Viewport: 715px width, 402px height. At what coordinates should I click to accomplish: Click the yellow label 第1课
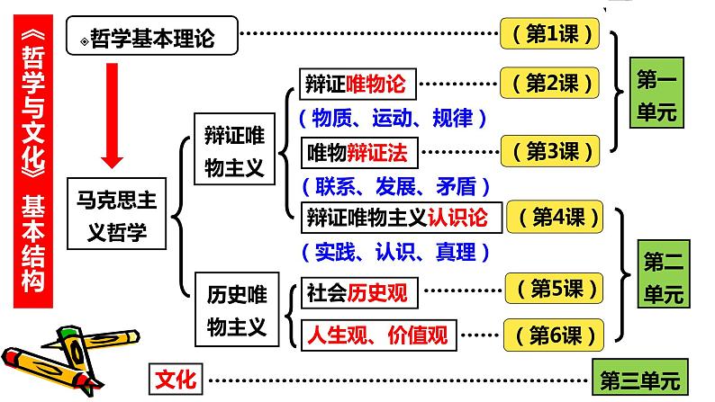tap(549, 34)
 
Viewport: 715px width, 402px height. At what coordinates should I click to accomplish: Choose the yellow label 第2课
tap(549, 84)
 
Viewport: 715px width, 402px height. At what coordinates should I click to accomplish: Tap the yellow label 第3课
tap(549, 151)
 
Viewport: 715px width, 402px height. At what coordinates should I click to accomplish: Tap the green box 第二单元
tap(665, 276)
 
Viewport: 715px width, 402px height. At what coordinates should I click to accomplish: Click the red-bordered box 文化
tap(176, 376)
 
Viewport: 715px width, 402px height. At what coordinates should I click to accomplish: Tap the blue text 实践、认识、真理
tap(389, 253)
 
